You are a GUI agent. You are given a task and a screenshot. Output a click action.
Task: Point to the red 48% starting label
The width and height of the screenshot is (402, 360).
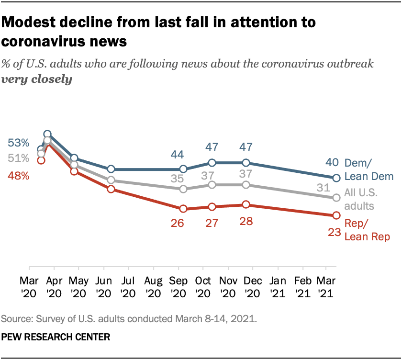[x=18, y=176]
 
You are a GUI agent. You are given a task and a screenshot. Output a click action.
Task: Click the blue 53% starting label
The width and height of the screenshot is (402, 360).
[x=18, y=142]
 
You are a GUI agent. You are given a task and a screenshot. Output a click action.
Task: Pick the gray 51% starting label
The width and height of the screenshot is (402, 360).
[x=18, y=158]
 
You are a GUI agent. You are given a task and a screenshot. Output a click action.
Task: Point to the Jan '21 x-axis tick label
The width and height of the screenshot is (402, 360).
[x=279, y=285]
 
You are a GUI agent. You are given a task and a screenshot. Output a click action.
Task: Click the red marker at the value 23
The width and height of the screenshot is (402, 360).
[x=336, y=215]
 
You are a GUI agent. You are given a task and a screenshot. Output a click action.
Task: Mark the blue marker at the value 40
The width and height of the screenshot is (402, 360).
[x=336, y=178]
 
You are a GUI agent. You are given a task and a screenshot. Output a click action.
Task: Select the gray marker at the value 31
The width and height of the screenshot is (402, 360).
[x=336, y=197]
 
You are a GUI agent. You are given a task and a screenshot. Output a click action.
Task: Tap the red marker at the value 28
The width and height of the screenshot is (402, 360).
[x=246, y=204]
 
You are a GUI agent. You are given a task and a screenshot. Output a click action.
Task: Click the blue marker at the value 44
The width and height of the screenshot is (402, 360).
[x=183, y=169]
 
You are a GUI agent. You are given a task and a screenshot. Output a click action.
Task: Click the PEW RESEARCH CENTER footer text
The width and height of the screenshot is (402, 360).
[x=56, y=337]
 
